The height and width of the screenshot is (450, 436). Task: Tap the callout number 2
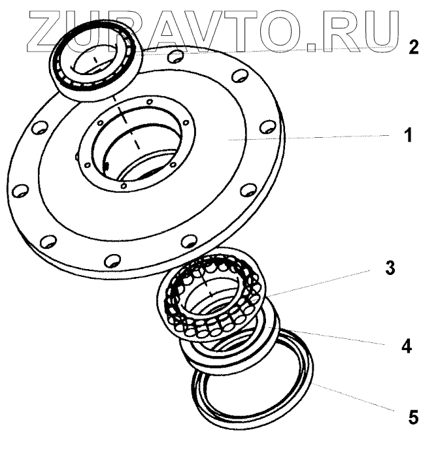[412, 48]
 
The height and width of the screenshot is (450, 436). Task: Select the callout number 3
[390, 269]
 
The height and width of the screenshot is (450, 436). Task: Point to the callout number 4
[406, 347]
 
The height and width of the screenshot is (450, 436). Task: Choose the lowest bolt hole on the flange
[112, 259]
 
